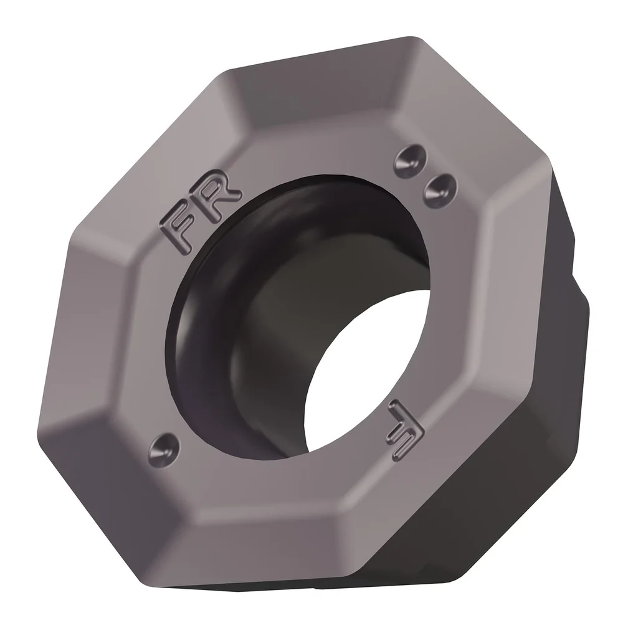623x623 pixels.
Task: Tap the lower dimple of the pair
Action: point(440,186)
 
